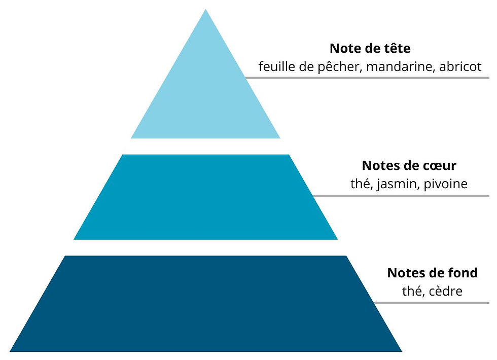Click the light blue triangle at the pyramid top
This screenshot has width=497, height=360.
(x=205, y=96)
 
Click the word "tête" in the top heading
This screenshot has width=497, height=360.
(x=396, y=49)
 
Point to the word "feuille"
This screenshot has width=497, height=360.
(x=276, y=67)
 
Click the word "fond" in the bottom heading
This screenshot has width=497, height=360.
(x=461, y=273)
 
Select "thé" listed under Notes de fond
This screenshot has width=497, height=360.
(x=412, y=291)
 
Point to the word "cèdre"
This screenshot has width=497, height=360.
(x=445, y=291)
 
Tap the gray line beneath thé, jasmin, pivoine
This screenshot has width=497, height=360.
(x=401, y=196)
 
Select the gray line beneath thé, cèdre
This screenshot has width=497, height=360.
(x=431, y=303)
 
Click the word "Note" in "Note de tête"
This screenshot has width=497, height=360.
(x=345, y=49)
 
